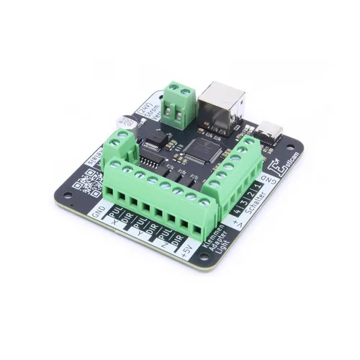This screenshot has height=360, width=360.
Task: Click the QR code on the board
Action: click(x=86, y=184)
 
